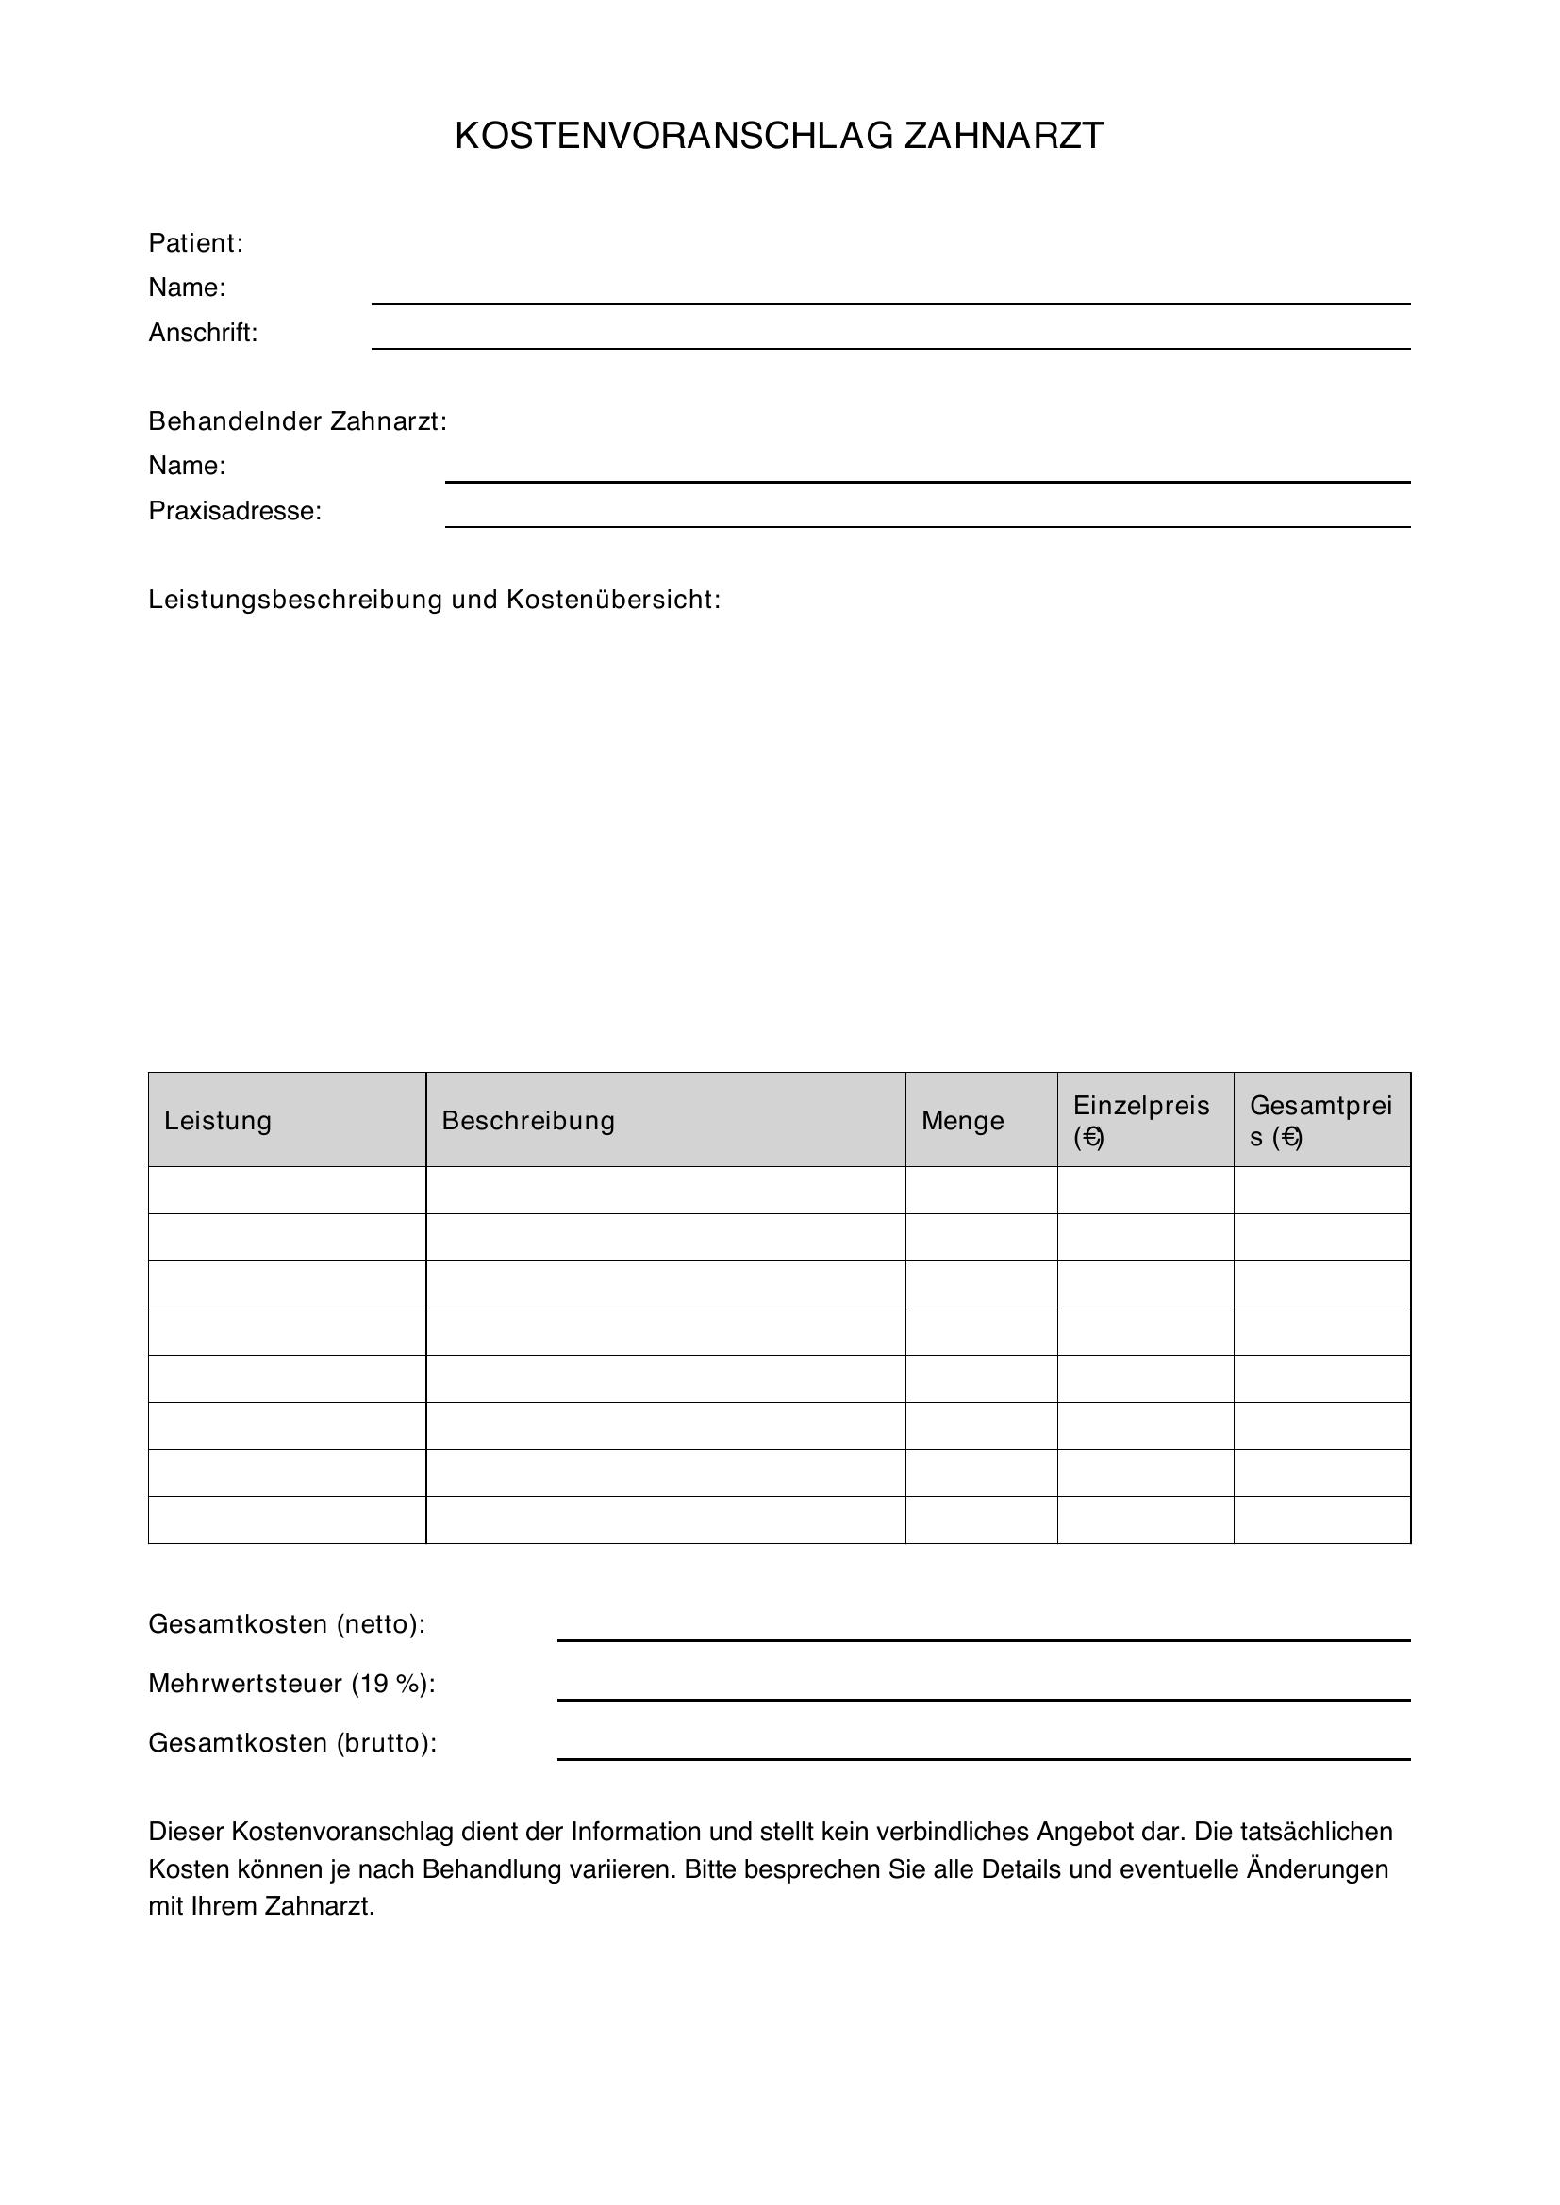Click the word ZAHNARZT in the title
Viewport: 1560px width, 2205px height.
1004,137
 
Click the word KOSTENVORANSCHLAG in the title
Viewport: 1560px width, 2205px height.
673,137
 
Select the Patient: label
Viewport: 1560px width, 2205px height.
196,243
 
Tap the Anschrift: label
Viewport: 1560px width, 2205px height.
203,333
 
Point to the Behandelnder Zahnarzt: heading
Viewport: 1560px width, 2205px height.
298,421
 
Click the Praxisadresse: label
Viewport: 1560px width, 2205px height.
235,511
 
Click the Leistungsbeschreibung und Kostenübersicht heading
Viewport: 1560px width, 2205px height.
434,601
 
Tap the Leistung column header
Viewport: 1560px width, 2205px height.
218,1121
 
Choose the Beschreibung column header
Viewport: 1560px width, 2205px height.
528,1121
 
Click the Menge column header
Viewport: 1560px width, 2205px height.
963,1121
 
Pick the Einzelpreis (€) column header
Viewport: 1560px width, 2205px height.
1140,1121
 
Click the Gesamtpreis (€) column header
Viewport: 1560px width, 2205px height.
1319,1121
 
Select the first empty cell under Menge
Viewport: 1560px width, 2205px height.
981,1190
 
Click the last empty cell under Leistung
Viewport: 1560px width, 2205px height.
287,1521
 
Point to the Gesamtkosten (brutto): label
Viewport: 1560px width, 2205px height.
292,1743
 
